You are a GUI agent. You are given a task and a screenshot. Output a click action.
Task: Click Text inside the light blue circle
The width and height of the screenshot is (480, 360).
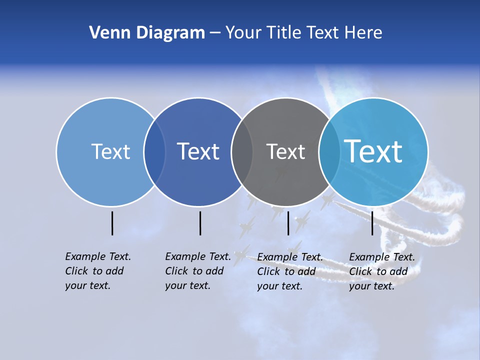point(110,151)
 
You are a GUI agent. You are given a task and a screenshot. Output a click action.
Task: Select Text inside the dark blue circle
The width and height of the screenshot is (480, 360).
point(198,151)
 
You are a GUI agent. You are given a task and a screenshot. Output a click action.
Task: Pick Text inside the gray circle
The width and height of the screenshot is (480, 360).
point(285,151)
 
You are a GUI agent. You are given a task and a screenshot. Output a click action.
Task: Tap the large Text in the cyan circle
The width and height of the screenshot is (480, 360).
point(373,151)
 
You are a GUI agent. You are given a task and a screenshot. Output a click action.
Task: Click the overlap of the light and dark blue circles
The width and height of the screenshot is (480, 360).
point(154,152)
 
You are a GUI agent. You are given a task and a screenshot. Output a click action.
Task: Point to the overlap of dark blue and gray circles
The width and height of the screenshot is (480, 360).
point(242,152)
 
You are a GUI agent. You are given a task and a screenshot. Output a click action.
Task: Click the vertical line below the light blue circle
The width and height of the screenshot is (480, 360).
point(112,223)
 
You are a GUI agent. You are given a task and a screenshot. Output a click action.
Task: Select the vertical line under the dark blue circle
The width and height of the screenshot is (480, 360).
point(200,223)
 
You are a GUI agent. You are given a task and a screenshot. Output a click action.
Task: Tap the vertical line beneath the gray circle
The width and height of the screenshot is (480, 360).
point(288,223)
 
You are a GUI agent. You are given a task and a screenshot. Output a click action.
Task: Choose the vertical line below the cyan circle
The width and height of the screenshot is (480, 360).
point(372,223)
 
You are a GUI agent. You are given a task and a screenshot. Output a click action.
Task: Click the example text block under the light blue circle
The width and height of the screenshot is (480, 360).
point(97,271)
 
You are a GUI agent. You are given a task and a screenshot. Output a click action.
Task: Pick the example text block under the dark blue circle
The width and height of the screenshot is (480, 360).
point(197,271)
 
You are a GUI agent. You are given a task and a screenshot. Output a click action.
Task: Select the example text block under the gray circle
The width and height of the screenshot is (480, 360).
point(289,271)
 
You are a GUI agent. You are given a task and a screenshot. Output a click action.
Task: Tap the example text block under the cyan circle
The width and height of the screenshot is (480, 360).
point(381,271)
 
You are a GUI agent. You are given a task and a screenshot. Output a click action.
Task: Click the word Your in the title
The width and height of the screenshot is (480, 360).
point(244,33)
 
